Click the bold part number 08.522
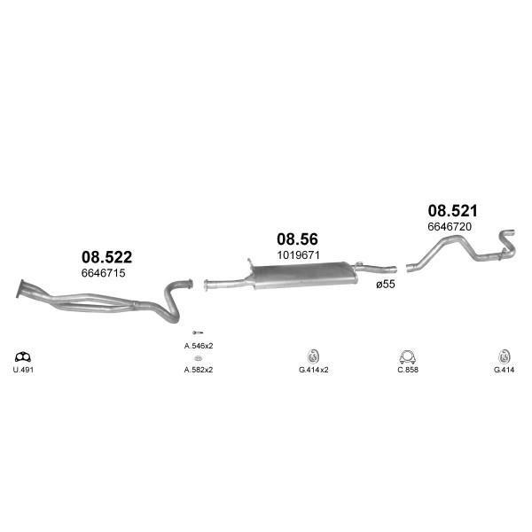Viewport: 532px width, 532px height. [x=107, y=257]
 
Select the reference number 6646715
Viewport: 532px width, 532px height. [x=103, y=273]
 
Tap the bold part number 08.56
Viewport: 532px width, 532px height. [x=298, y=239]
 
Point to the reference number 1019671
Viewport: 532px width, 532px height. [x=298, y=254]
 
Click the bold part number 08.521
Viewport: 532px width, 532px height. [x=452, y=211]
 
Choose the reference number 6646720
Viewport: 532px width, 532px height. [x=450, y=226]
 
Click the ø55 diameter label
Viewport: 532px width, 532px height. [x=386, y=284]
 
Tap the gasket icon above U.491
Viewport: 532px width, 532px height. [x=23, y=357]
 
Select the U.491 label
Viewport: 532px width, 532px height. [x=23, y=370]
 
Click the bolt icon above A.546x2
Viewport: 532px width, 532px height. [x=198, y=332]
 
